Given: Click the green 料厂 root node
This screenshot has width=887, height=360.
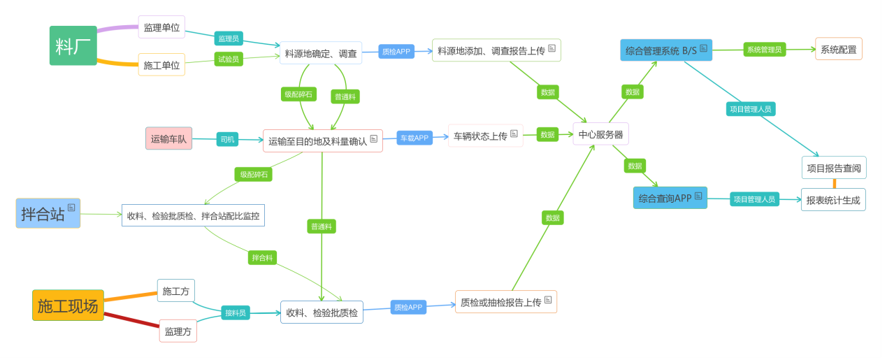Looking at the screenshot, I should (x=73, y=46).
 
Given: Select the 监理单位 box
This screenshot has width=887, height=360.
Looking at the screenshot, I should (x=161, y=28).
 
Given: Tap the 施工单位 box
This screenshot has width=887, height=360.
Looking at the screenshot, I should (x=161, y=65).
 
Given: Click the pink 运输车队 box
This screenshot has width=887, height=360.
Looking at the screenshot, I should (x=168, y=138).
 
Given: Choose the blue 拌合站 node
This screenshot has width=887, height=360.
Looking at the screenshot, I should (x=48, y=213).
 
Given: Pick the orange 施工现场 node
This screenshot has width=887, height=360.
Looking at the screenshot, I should (x=68, y=305).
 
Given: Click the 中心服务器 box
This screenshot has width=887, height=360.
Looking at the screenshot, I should (x=600, y=134).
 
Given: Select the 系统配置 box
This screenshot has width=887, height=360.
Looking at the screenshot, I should (x=838, y=49).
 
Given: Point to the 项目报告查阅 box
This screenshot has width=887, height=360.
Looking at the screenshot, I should (x=833, y=168).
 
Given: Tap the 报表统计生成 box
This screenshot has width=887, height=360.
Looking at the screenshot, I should (x=833, y=200).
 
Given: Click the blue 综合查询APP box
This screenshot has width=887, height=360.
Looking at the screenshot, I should (x=670, y=198).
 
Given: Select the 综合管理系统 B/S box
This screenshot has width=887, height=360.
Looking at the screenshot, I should (x=665, y=50).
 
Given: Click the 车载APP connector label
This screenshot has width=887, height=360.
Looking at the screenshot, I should (x=413, y=138).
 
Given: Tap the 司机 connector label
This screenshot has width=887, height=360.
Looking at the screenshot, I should (x=228, y=139).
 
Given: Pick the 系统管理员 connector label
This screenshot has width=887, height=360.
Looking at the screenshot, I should (x=764, y=49).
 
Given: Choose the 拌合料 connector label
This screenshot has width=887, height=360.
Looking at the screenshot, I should (x=262, y=257).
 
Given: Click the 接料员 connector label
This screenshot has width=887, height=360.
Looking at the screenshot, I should (x=236, y=312).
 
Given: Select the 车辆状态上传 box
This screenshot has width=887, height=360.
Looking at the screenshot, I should (x=485, y=136).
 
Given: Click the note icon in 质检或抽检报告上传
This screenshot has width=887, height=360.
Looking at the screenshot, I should (x=548, y=300).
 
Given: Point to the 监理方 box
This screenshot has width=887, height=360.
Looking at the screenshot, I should (x=178, y=331).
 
